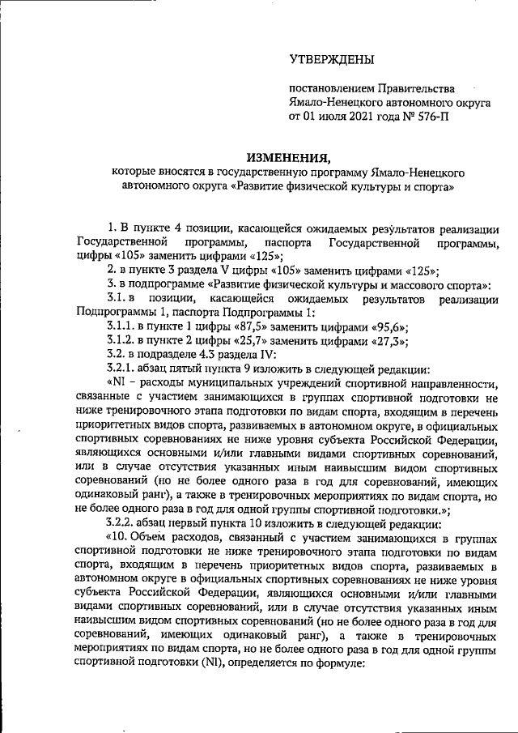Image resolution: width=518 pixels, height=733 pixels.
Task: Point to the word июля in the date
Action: pos(333,117)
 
